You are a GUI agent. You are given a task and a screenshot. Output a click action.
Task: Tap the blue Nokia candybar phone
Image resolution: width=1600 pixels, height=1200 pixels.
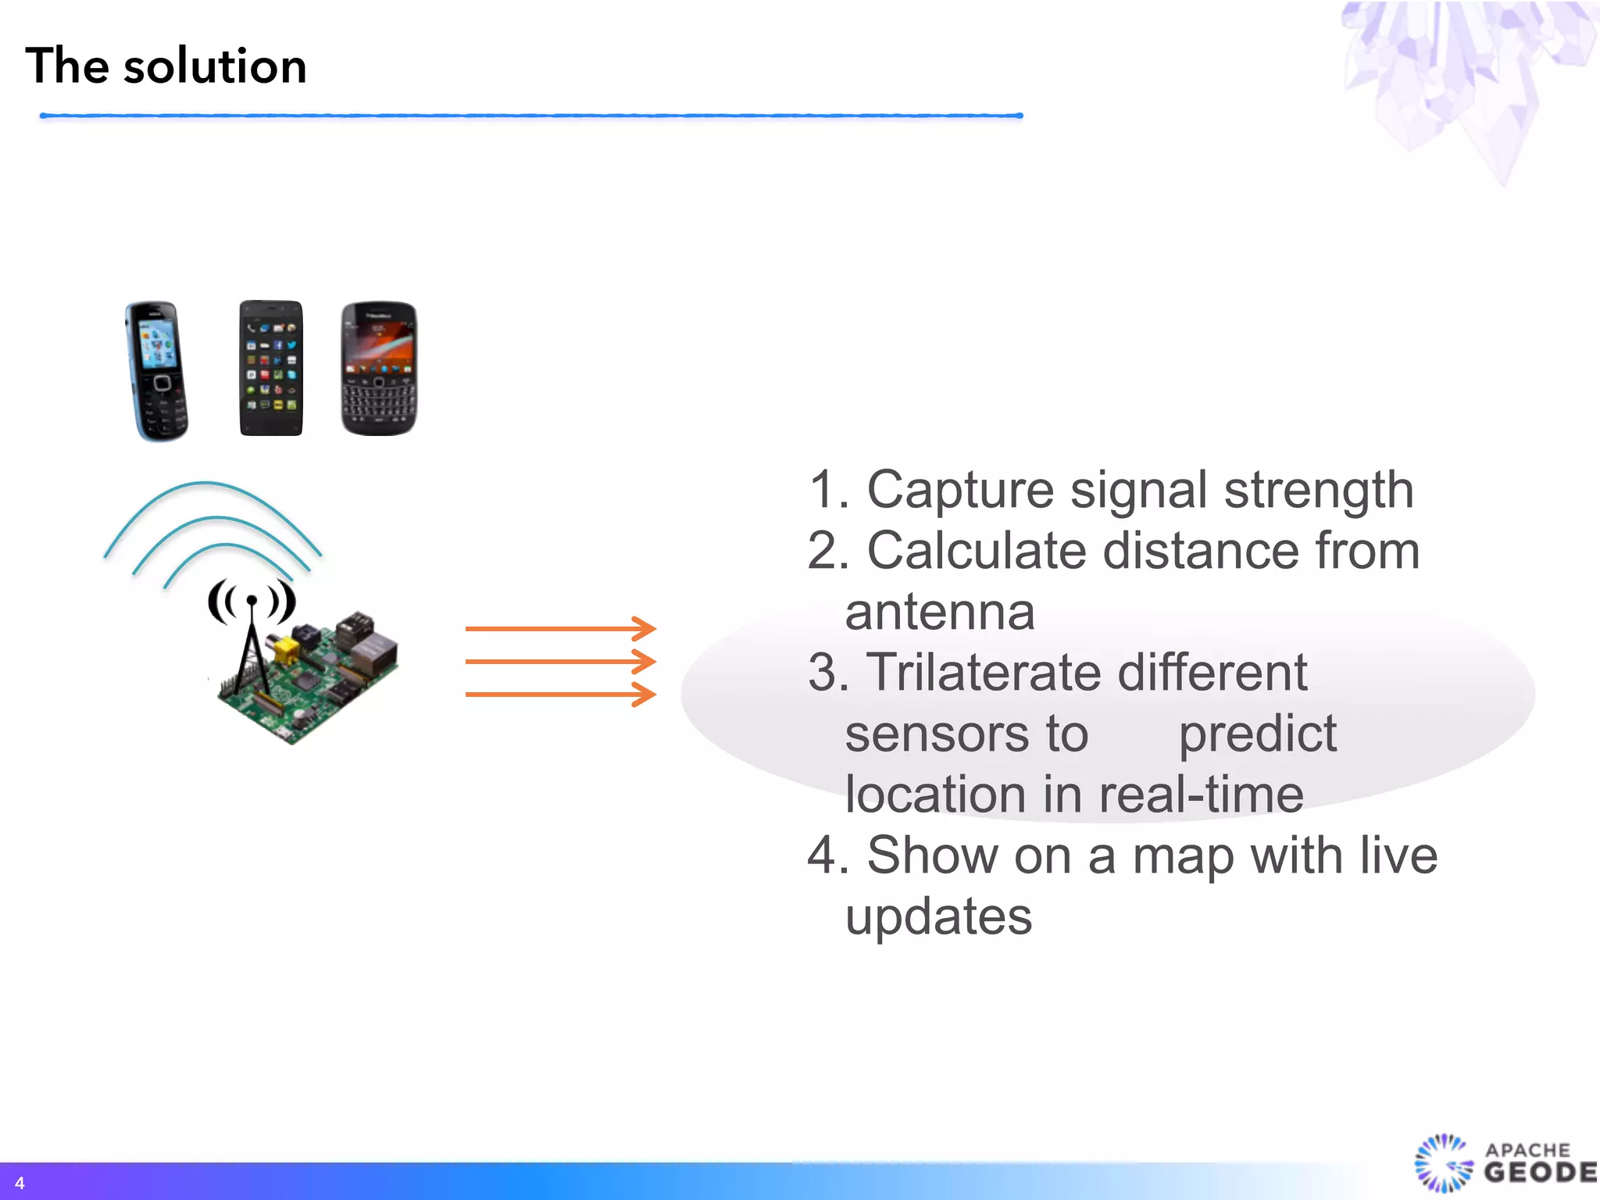coord(157,370)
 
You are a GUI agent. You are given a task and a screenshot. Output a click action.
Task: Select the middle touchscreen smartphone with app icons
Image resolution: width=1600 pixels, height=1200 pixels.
coord(270,367)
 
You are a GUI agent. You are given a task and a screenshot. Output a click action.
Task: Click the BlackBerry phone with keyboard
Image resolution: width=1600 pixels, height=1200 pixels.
coord(379,368)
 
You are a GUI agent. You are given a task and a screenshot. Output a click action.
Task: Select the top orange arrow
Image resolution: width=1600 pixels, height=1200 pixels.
coord(559,628)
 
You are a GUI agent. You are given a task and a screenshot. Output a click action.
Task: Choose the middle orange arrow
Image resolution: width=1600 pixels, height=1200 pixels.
coord(559,662)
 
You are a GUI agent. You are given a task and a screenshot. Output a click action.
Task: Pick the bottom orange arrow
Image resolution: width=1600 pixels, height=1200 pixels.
coord(559,694)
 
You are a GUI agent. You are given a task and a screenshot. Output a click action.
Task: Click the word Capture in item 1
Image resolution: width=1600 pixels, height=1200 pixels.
coord(960,491)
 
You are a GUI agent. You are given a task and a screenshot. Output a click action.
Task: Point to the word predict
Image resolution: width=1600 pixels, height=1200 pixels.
coord(1257,734)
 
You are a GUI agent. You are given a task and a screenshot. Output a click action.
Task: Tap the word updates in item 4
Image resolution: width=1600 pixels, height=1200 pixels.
coord(938,916)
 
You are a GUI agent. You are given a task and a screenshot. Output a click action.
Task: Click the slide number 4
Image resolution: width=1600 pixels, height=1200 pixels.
coord(20,1183)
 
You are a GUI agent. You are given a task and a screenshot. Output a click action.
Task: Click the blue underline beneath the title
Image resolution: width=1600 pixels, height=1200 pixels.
coord(531,116)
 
